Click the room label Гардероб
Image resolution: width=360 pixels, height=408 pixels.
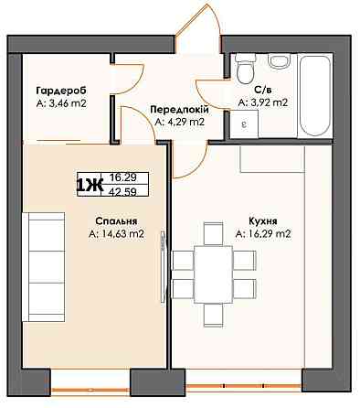pos(61,91)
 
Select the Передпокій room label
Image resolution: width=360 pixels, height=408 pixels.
pos(179,110)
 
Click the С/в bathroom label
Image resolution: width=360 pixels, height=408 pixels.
pos(263,90)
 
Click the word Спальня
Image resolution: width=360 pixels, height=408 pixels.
pos(116,221)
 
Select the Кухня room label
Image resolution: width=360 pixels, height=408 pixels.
pos(263,221)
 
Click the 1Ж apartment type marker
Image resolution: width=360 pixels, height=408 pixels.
pos(90,185)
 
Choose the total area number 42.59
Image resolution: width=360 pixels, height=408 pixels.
pos(123,191)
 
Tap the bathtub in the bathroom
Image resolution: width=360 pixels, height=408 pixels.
pos(315,95)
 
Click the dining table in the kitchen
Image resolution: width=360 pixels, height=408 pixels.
pos(214,274)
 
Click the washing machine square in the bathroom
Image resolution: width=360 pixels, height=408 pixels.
pos(244,123)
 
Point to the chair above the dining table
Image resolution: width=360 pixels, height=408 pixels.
pos(213,234)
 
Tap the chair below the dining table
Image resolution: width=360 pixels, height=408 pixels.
pos(213,316)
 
